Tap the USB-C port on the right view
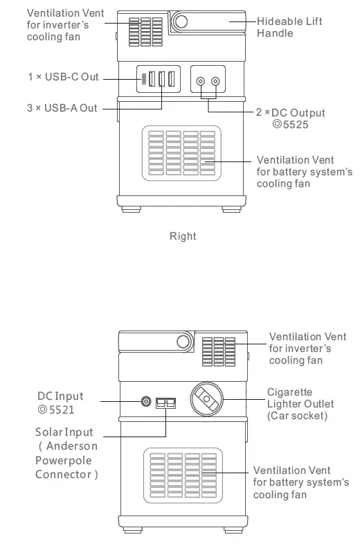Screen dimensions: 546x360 [143, 79]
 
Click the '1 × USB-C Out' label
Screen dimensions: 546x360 [63, 76]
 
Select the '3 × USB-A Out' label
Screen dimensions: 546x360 [62, 109]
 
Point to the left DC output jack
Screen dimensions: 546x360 [201, 81]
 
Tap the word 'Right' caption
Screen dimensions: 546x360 [183, 236]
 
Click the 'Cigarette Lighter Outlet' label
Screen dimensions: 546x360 [300, 404]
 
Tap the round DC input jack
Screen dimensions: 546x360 [146, 401]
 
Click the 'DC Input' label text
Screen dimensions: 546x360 [60, 396]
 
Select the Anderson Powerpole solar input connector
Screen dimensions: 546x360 [165, 402]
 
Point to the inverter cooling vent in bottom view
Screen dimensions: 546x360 [219, 351]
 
